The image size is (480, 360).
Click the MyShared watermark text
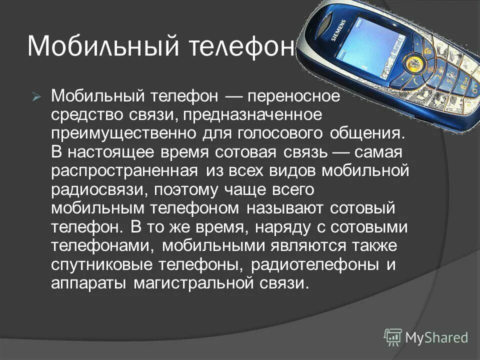click(436, 337)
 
